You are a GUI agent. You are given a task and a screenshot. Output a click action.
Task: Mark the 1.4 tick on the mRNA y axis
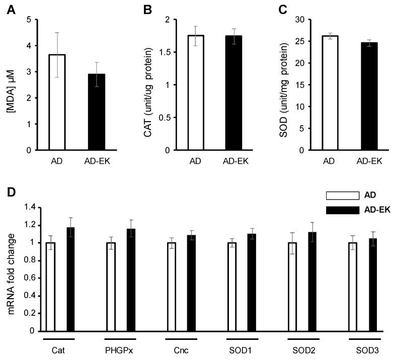tap(30, 208)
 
